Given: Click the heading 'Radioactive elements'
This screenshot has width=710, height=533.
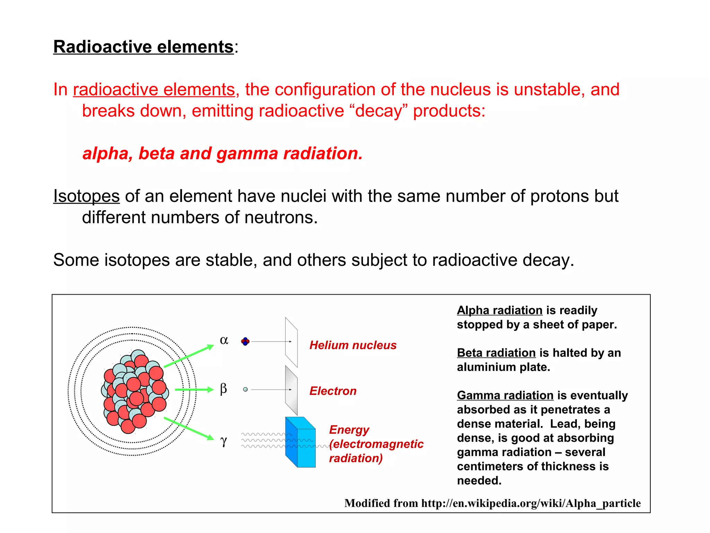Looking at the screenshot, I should (x=144, y=47).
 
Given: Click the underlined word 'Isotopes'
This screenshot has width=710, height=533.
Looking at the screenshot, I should (x=86, y=196).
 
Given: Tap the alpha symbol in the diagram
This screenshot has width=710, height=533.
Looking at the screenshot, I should (x=224, y=340).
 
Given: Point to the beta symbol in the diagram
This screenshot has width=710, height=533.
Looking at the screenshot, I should (x=224, y=389).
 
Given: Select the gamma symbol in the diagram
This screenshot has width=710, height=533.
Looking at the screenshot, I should (x=224, y=441).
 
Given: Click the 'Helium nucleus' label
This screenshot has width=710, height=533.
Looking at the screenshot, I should (x=353, y=345).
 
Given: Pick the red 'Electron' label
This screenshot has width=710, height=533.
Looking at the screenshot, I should (x=333, y=391).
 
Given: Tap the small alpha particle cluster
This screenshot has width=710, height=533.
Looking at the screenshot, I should (x=245, y=341).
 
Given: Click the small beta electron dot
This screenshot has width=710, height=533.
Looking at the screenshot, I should (x=245, y=390).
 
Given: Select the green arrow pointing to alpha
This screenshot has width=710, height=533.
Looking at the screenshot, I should (x=189, y=356).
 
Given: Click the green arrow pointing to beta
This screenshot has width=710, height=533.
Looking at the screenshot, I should (x=194, y=390).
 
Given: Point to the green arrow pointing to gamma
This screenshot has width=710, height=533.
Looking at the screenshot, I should (x=189, y=429).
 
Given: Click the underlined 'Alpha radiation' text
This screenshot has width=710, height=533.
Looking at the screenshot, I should (x=499, y=310).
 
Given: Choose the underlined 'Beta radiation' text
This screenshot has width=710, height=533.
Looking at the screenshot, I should (x=496, y=353).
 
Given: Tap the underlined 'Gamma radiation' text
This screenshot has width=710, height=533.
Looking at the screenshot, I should (x=505, y=396).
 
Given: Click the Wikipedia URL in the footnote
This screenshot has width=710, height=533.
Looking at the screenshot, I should (x=531, y=503).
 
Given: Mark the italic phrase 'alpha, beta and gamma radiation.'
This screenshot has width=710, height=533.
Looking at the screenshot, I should (x=223, y=153).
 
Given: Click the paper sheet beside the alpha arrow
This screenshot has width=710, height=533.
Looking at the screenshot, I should (x=292, y=342).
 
